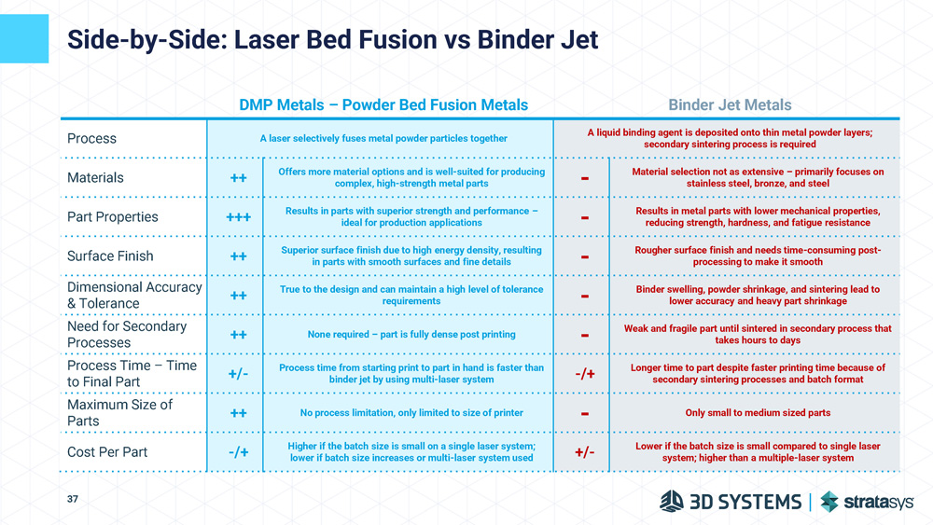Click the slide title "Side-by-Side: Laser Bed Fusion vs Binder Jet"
pos(332,41)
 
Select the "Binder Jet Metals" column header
pos(730,105)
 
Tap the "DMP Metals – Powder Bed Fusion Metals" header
pos(383,105)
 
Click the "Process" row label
pos(91,138)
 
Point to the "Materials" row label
pos(95,177)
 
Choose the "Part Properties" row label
pos(112,216)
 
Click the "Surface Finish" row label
pos(110,256)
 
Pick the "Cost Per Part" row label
pos(107,452)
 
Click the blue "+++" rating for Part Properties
pos(238,217)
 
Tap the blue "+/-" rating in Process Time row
pos(238,374)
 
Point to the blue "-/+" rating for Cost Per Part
pos(238,452)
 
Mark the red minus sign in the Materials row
pos(584,178)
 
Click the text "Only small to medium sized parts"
pos(757,413)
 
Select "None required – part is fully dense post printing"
pos(411,335)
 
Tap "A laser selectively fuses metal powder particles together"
pos(383,138)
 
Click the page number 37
pos(73,500)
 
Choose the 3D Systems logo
pos(730,502)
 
